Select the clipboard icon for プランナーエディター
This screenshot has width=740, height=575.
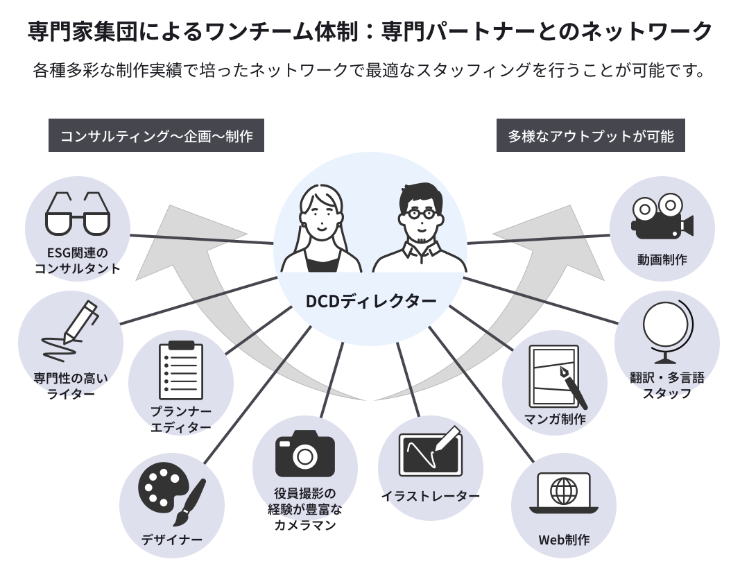[181, 370]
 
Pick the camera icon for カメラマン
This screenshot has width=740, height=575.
[305, 453]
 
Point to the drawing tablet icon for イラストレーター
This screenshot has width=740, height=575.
[431, 452]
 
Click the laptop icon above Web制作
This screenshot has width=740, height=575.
[563, 493]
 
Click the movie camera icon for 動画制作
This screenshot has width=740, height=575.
[662, 216]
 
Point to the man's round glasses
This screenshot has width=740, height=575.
[421, 214]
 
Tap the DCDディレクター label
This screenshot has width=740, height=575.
[371, 301]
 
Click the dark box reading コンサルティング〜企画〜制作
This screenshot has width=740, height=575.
[156, 135]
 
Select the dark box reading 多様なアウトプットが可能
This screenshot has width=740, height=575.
[590, 135]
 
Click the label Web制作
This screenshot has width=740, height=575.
[564, 540]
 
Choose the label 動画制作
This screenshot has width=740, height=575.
[662, 259]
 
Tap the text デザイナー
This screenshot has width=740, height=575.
[172, 540]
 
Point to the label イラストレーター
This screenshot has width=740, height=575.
[431, 496]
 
